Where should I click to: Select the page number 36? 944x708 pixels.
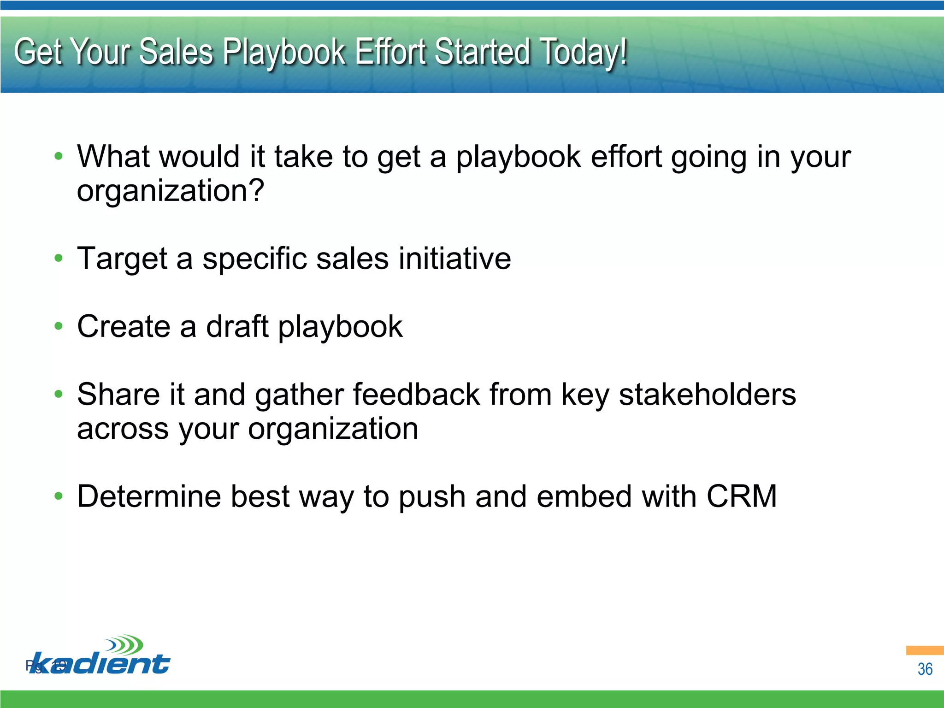click(925, 669)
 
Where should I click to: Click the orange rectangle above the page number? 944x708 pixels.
click(925, 650)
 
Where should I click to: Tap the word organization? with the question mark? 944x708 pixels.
click(171, 191)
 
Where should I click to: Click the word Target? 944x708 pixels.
click(122, 259)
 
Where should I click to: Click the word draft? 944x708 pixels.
click(237, 326)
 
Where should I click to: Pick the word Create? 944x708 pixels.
click(124, 326)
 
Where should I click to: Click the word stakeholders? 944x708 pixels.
click(707, 395)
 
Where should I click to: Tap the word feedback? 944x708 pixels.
click(416, 395)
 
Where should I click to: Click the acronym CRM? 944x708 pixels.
click(742, 496)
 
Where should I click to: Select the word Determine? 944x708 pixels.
click(148, 496)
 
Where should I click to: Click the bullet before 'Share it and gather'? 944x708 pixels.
click(58, 394)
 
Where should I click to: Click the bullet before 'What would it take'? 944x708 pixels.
click(58, 156)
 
